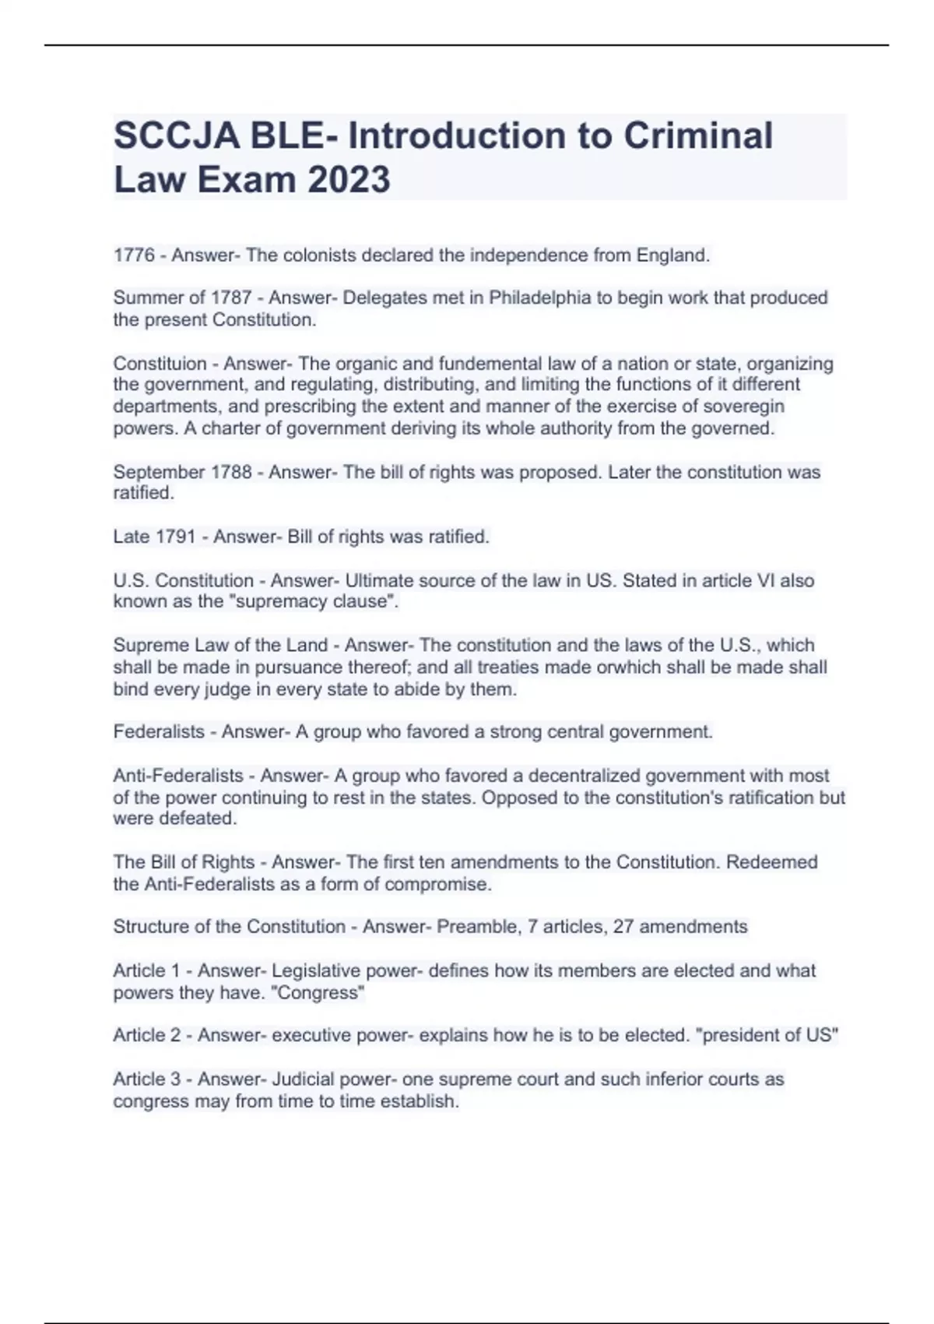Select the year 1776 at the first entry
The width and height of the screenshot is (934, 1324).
pos(134,255)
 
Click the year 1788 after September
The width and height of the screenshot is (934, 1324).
pos(231,472)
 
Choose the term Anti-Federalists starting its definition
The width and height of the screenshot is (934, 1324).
pos(178,776)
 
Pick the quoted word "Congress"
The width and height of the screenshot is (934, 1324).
pos(326,993)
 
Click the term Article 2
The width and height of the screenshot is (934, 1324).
pos(147,1035)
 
